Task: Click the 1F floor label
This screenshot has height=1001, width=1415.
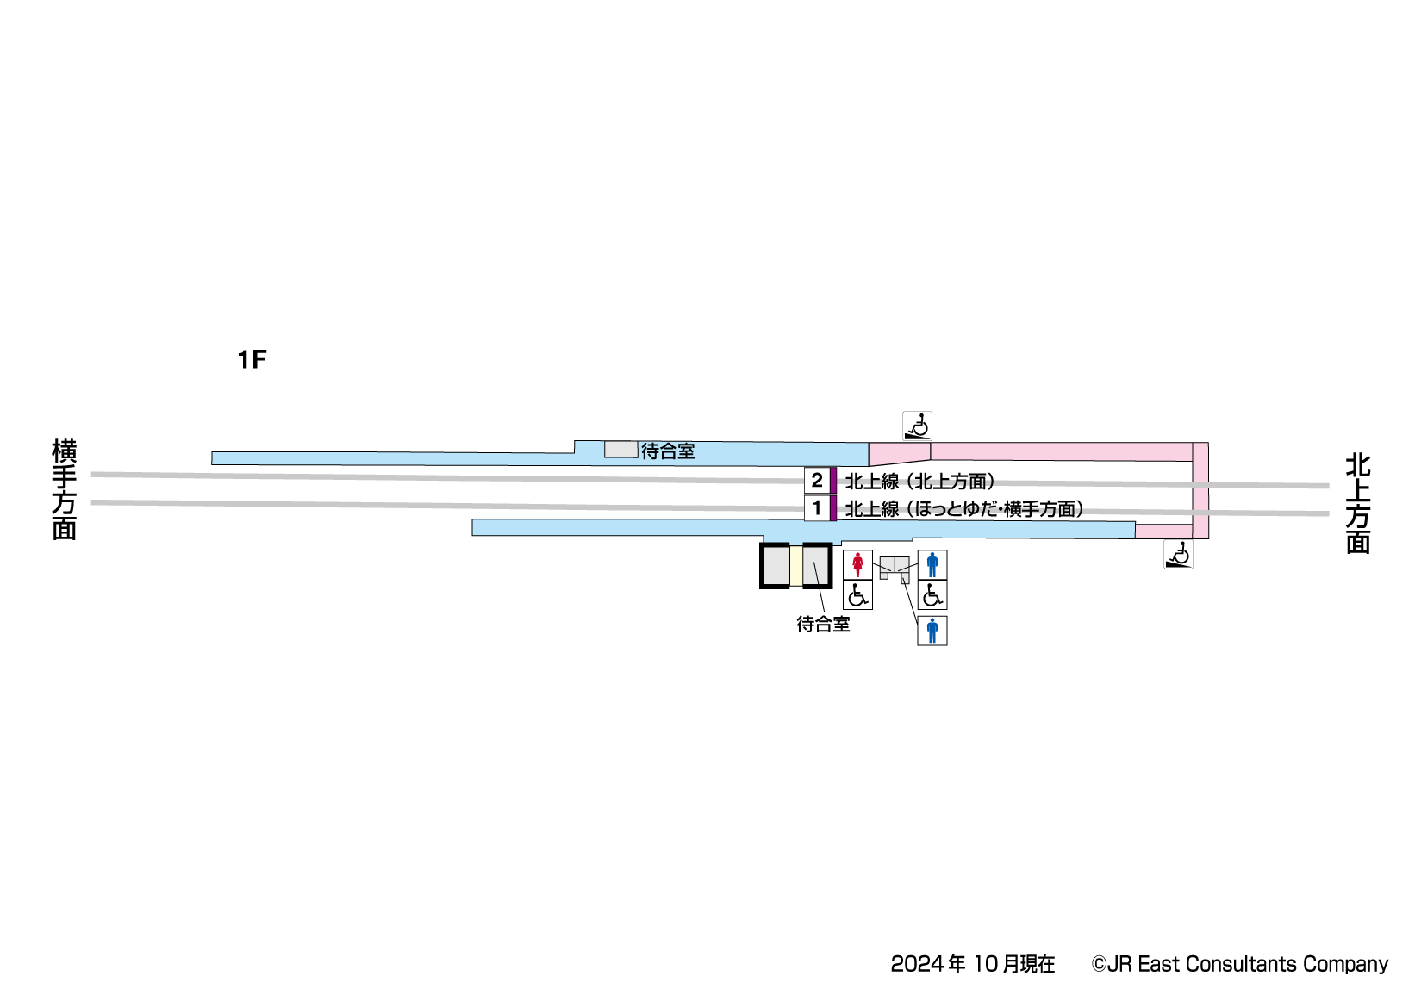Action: click(252, 359)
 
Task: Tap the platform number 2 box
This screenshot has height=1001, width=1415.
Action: click(816, 480)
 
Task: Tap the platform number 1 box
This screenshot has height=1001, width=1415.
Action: click(816, 508)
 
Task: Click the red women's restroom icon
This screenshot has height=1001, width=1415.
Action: click(857, 565)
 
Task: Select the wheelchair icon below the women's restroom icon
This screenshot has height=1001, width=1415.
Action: click(857, 595)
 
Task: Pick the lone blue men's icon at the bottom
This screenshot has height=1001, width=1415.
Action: click(932, 631)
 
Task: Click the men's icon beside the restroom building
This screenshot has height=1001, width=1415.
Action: click(932, 565)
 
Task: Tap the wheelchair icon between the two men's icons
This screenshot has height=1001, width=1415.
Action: click(932, 595)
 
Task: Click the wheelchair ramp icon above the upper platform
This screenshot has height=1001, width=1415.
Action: click(917, 426)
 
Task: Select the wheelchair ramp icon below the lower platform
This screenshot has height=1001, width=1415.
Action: click(1178, 555)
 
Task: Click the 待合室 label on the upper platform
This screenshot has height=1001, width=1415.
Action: click(668, 451)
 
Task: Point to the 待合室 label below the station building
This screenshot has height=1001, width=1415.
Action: click(823, 625)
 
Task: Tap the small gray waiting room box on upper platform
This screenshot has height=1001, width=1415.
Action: click(620, 450)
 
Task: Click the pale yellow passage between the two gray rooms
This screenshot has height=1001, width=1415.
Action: click(796, 566)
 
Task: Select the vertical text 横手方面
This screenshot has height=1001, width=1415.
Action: click(65, 488)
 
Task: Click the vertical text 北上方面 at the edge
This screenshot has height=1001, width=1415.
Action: click(1358, 503)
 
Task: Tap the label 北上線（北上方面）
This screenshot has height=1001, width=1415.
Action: click(919, 482)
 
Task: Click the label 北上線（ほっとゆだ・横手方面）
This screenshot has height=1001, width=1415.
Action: click(963, 509)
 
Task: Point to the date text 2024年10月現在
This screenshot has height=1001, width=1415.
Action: click(972, 964)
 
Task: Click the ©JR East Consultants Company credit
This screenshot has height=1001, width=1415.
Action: click(1239, 964)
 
